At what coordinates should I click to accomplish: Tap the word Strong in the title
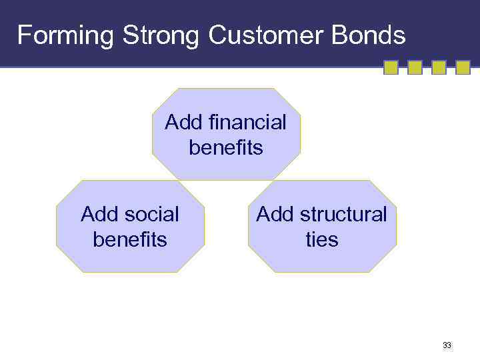tap(161, 35)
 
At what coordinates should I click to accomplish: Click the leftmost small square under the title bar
tap(391, 67)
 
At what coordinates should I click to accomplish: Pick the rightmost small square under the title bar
tap(463, 67)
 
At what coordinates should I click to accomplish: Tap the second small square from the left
tap(415, 67)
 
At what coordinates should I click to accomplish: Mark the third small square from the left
tap(439, 67)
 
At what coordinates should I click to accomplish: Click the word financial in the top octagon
tap(247, 122)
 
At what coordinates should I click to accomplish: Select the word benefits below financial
tap(226, 147)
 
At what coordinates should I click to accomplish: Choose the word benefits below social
tap(130, 239)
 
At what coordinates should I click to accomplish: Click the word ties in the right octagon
tap(322, 239)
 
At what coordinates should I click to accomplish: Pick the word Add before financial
tap(184, 122)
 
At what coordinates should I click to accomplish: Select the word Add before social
tap(99, 214)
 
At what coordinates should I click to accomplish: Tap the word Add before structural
tap(275, 214)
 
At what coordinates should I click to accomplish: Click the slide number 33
tap(447, 345)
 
